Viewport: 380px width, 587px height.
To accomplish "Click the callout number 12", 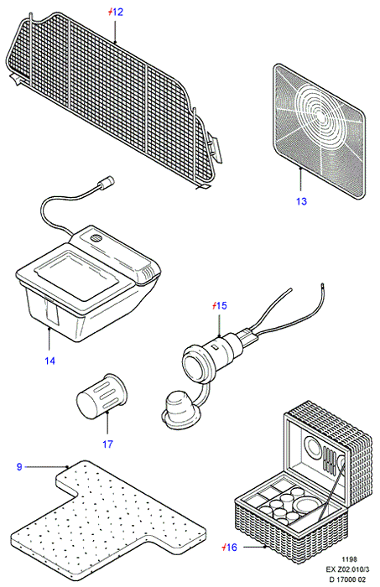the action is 117,13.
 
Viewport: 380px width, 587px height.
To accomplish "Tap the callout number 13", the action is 301,201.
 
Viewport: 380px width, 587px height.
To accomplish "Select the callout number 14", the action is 49,361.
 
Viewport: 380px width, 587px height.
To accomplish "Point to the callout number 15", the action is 221,306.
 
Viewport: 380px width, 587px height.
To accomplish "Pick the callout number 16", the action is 232,548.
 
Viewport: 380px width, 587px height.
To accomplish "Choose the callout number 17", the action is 107,444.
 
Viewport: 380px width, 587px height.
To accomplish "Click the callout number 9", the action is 19,467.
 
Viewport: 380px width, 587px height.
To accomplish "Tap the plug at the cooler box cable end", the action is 105,184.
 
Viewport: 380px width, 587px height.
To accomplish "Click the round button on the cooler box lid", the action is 96,237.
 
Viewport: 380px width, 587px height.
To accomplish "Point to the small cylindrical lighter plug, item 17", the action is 102,396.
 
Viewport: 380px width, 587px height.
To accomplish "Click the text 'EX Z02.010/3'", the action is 347,569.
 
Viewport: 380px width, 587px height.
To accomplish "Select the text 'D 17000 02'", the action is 347,579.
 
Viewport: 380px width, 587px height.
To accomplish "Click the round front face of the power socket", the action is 195,363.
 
